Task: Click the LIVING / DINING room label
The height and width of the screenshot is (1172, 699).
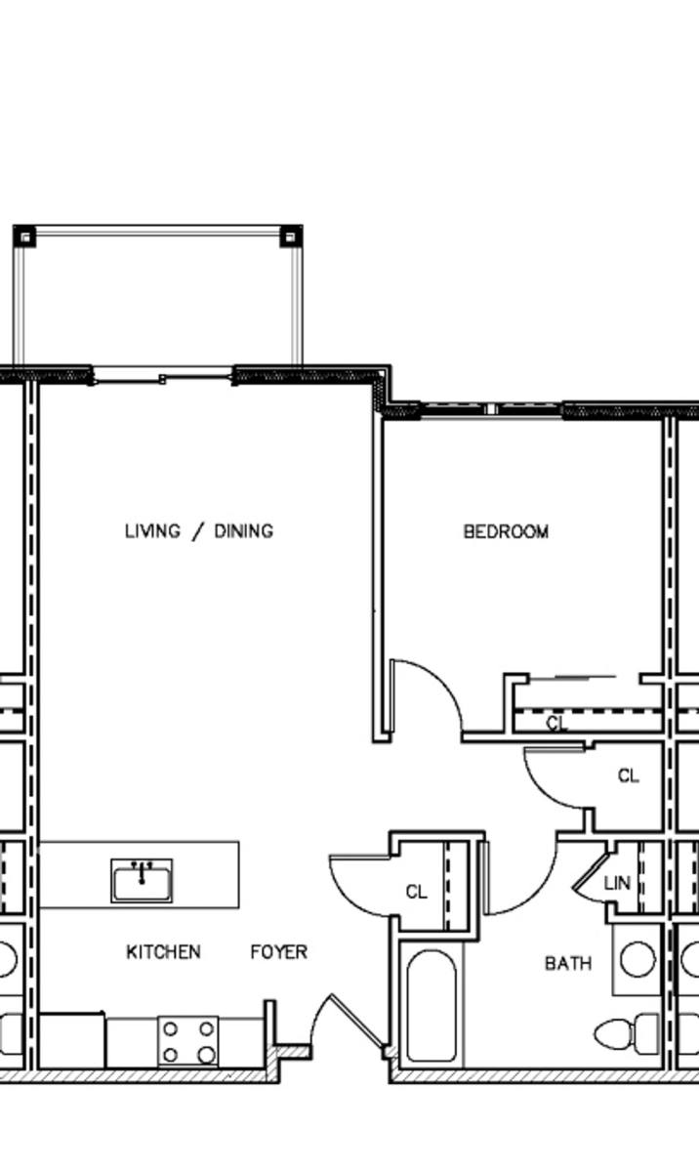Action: [x=199, y=531]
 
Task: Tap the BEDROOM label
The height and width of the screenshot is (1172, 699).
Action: [x=506, y=532]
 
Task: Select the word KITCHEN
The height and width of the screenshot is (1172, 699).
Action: [x=164, y=951]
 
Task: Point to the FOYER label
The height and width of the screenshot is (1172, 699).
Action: [x=279, y=951]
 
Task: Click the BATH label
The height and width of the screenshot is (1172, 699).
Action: [x=568, y=963]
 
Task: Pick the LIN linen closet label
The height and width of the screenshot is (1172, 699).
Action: [x=617, y=883]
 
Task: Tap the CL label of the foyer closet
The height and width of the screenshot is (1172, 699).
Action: [x=417, y=892]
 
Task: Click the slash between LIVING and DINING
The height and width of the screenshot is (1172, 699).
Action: [x=197, y=532]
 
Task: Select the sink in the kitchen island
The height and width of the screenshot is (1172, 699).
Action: [x=142, y=881]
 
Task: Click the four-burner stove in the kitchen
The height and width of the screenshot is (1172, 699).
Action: [x=188, y=1041]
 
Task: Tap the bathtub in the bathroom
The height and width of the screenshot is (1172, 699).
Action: [x=432, y=1006]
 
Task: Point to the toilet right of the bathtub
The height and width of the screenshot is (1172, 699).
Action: [x=626, y=1033]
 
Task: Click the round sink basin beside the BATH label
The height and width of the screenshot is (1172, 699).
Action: [x=637, y=959]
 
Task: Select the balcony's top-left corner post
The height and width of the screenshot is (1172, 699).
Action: [x=24, y=236]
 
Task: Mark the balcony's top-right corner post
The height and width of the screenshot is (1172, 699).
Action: [x=291, y=236]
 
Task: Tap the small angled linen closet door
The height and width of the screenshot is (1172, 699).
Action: [x=590, y=870]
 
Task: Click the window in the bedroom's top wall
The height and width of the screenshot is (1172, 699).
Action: [x=490, y=408]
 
